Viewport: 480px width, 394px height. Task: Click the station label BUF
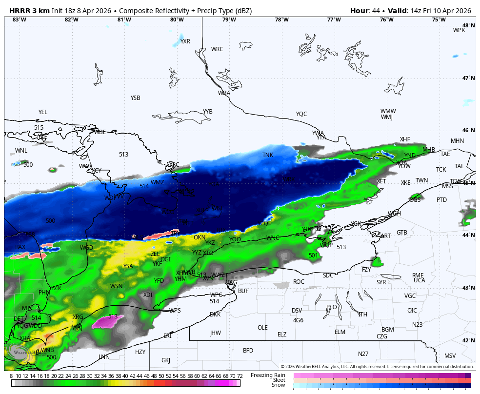(x=243, y=291)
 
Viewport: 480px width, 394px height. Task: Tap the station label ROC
(x=299, y=282)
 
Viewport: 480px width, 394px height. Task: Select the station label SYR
(x=381, y=282)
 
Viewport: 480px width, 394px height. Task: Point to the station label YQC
(x=301, y=114)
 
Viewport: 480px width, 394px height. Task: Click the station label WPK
(x=459, y=30)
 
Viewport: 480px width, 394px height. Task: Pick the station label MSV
(x=450, y=356)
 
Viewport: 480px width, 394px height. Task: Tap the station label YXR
(x=185, y=41)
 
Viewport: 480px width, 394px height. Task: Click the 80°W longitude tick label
(x=177, y=20)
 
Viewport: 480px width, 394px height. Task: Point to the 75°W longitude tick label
(x=439, y=20)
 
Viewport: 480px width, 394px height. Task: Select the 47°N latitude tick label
(x=468, y=79)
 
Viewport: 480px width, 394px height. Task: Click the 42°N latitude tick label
(x=468, y=341)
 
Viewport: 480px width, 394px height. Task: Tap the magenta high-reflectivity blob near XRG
(x=107, y=322)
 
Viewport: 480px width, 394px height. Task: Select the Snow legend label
(x=278, y=385)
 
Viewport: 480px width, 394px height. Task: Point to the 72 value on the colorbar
(x=240, y=376)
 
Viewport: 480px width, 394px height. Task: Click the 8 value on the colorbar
(x=11, y=376)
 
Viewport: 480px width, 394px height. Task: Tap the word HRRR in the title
(x=20, y=11)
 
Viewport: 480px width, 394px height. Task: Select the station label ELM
(x=340, y=332)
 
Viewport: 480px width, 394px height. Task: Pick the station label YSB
(x=135, y=98)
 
